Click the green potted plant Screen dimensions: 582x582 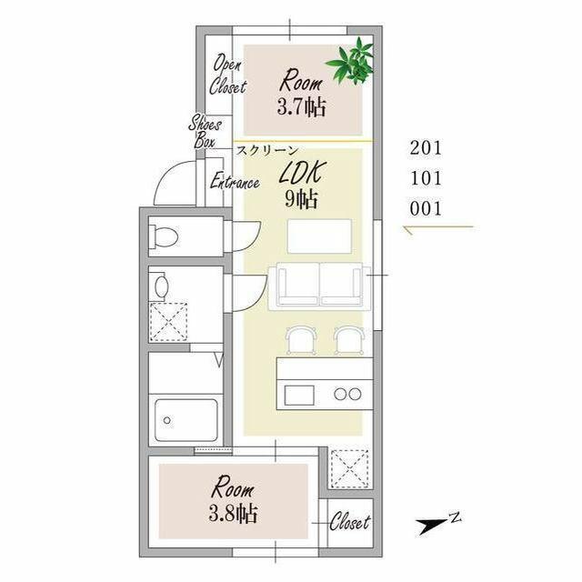point(351,62)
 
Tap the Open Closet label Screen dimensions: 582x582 point(227,75)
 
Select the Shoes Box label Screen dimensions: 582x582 point(205,132)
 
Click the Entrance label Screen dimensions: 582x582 point(235,181)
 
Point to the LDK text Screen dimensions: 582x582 point(303,172)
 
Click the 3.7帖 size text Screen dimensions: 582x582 point(301,107)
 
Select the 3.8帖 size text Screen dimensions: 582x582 point(233,513)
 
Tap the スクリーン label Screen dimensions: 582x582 point(267,150)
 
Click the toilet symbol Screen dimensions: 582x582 point(164,236)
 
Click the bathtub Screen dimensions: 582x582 point(186,420)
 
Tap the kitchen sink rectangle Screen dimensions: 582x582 point(299,396)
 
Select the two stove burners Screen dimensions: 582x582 point(347,394)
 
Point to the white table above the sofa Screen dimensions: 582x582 point(319,236)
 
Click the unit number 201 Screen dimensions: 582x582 point(426,147)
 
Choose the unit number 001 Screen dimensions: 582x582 point(426,208)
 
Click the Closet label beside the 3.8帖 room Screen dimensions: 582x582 point(349,522)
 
